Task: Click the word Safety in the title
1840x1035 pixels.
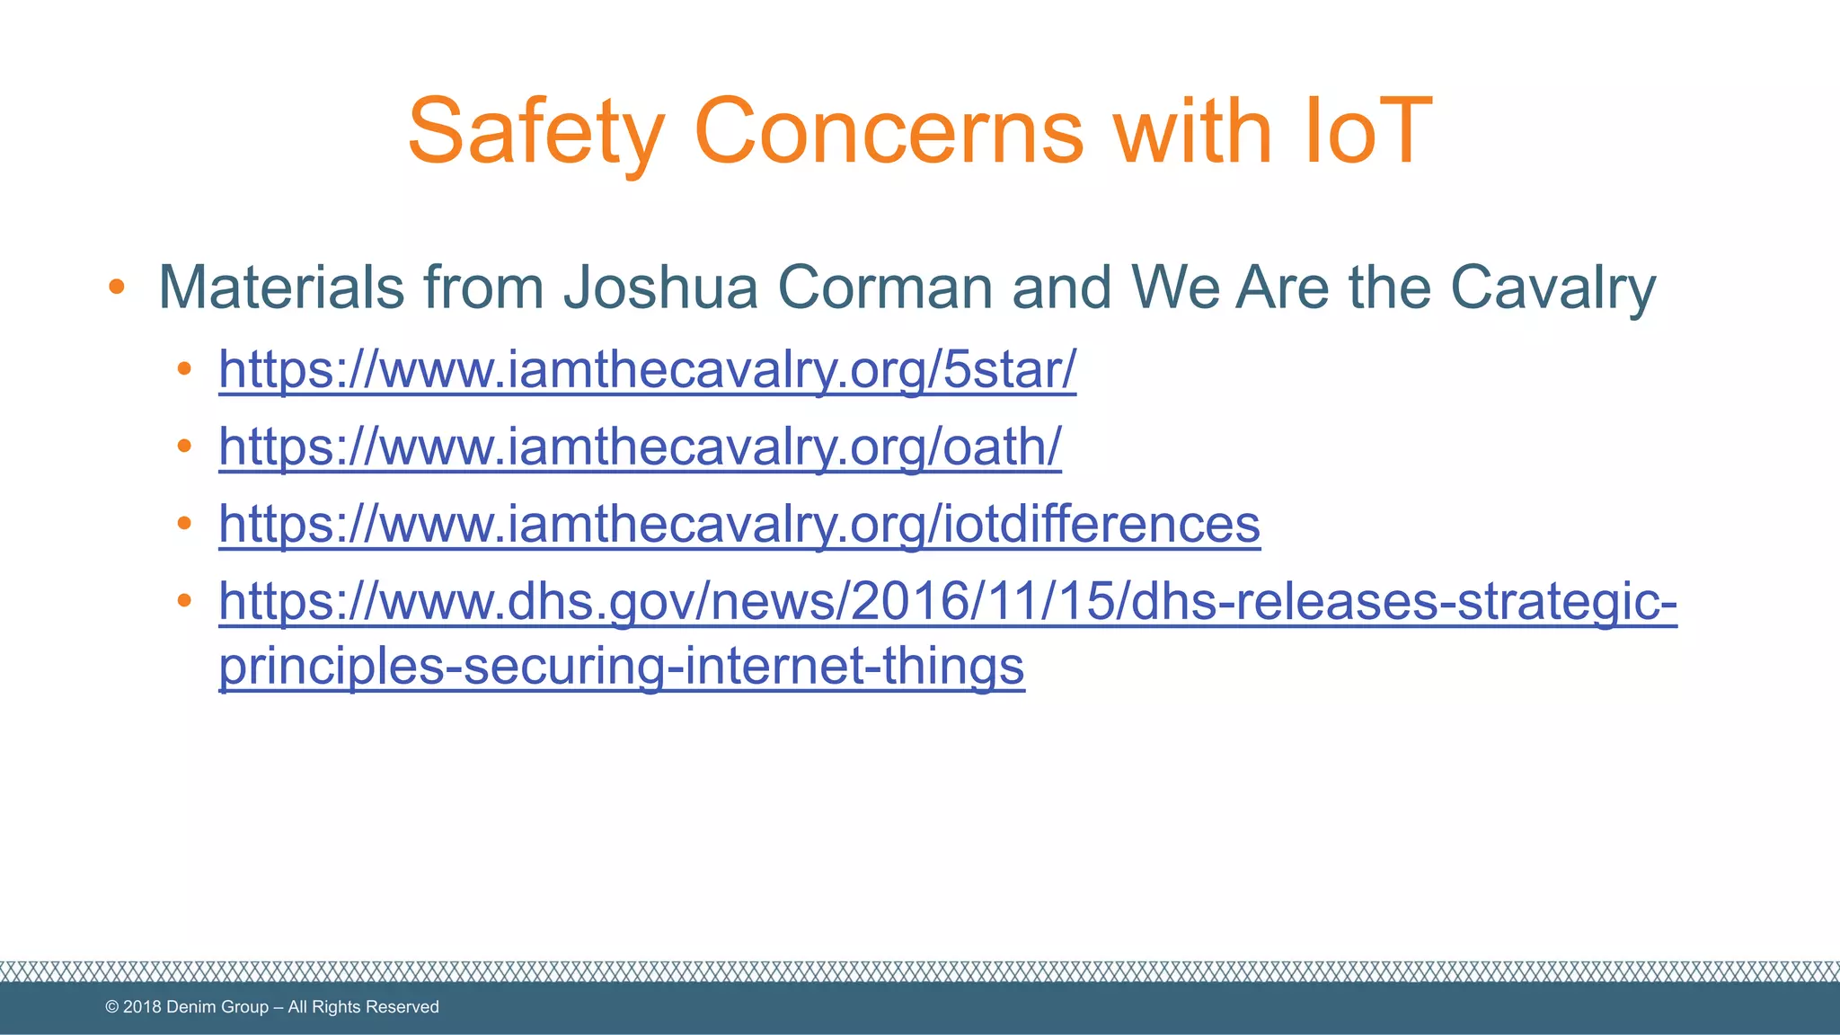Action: pyautogui.click(x=536, y=133)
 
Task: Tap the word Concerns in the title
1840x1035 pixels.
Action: pyautogui.click(x=889, y=133)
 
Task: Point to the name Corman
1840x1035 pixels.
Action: pyautogui.click(x=884, y=287)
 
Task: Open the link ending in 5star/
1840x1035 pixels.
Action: pyautogui.click(x=647, y=369)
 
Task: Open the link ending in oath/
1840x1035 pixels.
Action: pyautogui.click(x=640, y=447)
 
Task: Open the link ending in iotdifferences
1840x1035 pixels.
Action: pyautogui.click(x=739, y=524)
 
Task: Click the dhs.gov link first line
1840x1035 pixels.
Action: pyautogui.click(x=947, y=601)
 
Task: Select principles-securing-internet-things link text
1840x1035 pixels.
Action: pyautogui.click(x=622, y=666)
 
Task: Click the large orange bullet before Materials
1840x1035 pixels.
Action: pyautogui.click(x=116, y=287)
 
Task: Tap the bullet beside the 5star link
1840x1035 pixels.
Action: pyautogui.click(x=184, y=368)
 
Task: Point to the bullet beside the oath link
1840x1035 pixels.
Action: pyautogui.click(x=184, y=446)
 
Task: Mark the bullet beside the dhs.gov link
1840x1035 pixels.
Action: pyautogui.click(x=184, y=600)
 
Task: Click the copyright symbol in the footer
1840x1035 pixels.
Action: pyautogui.click(x=112, y=1007)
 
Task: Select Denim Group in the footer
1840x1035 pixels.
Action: pyautogui.click(x=217, y=1007)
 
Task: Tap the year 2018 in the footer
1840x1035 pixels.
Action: pyautogui.click(x=142, y=1007)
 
